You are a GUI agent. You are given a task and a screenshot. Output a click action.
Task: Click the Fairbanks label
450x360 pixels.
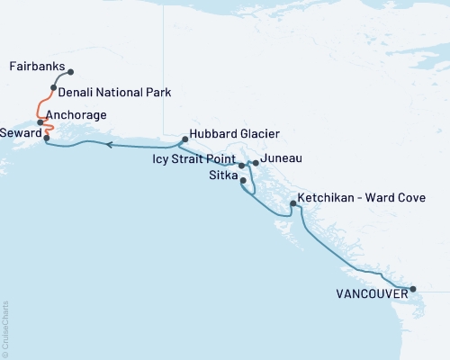point(36,67)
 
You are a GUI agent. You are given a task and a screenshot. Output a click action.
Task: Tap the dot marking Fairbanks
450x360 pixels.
point(71,72)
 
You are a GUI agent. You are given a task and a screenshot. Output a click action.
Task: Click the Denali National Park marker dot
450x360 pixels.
point(53,88)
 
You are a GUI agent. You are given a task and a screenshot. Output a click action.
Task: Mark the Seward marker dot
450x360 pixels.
point(47,138)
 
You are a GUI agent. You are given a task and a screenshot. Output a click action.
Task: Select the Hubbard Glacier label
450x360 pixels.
point(229,133)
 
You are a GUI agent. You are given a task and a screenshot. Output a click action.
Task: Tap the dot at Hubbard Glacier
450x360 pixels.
point(184,139)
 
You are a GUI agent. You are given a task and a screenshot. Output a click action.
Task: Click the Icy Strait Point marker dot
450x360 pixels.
point(241,166)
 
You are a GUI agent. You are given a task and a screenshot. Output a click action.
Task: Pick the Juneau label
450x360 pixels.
point(281,159)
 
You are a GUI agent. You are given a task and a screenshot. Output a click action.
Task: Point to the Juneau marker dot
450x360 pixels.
point(256,163)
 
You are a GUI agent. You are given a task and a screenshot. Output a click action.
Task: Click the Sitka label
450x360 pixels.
point(223,176)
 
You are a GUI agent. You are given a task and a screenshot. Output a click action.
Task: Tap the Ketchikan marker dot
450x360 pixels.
point(292,204)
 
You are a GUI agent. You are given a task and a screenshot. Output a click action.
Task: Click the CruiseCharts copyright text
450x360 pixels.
point(6,328)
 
